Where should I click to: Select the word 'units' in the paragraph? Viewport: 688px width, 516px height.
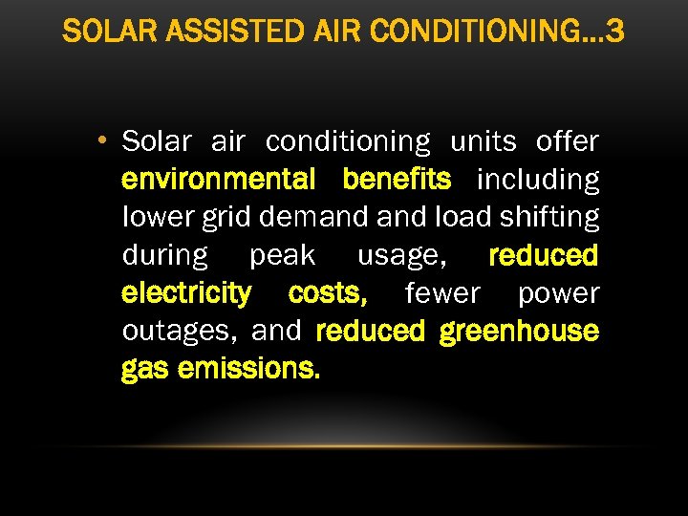tap(483, 141)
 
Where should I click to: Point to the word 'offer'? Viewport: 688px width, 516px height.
tap(568, 141)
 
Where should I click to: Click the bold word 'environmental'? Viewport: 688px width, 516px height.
tap(219, 180)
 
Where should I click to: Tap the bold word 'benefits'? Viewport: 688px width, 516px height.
tap(397, 180)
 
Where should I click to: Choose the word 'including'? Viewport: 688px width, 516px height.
tap(538, 180)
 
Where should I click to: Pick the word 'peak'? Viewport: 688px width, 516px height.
tap(282, 256)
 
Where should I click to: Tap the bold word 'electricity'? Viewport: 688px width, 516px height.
tap(186, 293)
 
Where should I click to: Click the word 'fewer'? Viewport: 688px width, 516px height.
tap(441, 293)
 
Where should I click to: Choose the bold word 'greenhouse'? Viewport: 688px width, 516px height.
tap(519, 332)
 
